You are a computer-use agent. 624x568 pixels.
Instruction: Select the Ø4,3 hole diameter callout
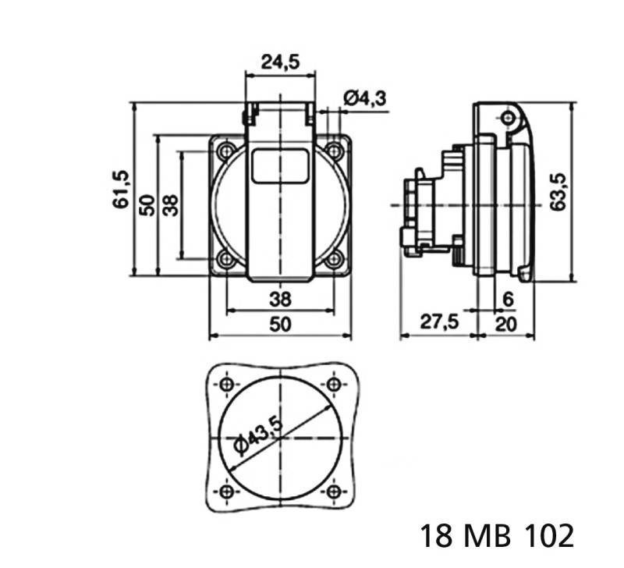tap(365, 98)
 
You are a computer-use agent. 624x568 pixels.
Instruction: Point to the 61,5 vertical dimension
tap(121, 190)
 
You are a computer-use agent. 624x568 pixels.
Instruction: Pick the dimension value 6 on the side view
tap(508, 299)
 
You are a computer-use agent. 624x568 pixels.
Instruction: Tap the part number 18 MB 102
tap(497, 537)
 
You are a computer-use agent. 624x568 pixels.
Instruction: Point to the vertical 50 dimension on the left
tap(146, 204)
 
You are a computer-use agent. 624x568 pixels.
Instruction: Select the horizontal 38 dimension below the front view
tap(280, 298)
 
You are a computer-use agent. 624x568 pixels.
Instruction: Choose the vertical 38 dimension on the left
tap(171, 204)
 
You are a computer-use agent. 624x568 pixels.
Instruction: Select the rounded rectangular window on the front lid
tap(280, 165)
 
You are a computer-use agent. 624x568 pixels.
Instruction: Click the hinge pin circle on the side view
tap(509, 119)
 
